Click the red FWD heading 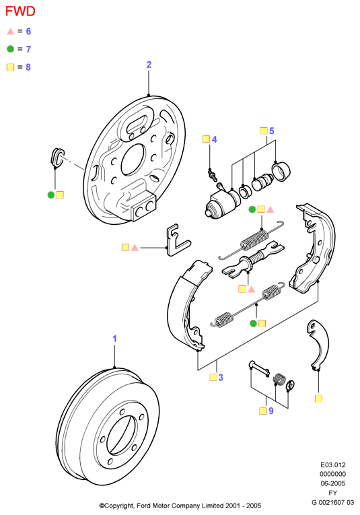point(20,11)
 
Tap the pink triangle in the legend point(11,31)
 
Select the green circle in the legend point(11,49)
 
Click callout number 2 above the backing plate point(149,65)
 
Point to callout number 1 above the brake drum point(114,339)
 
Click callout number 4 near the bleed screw point(214,139)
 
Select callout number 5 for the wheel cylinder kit point(271,131)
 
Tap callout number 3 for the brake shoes point(221,378)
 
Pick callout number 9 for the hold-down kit point(271,411)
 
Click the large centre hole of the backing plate point(133,160)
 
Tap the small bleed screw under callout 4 point(212,174)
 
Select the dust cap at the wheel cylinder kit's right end point(281,171)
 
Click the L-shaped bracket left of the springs point(176,240)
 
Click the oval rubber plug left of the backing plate point(57,157)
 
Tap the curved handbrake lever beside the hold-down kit point(320,345)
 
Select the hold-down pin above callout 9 point(259,368)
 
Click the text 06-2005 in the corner point(333,483)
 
